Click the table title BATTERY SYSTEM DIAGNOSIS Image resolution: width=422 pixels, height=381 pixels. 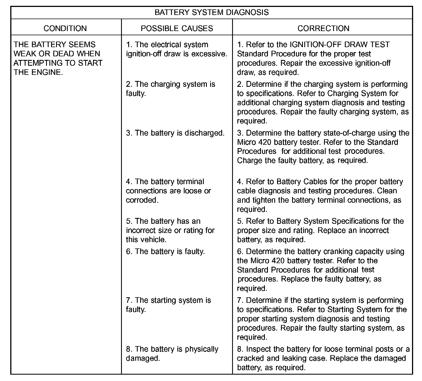(212, 12)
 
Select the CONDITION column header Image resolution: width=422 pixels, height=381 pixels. (65, 28)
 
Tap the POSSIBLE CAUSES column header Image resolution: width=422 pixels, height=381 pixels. (177, 28)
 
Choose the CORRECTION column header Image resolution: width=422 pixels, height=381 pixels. (323, 28)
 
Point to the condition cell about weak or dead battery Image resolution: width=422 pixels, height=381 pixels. (58, 58)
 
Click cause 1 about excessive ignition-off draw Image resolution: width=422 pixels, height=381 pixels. (177, 49)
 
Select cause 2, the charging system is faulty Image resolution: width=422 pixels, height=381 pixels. (170, 88)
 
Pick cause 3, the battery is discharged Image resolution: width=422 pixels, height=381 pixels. (175, 133)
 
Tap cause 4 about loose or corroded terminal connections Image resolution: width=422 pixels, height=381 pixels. (168, 191)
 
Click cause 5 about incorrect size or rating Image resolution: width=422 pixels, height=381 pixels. (170, 230)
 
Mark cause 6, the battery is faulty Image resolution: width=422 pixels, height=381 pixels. (165, 252)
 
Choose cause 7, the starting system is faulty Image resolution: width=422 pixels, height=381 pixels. (168, 305)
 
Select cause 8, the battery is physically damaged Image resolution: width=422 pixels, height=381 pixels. (172, 354)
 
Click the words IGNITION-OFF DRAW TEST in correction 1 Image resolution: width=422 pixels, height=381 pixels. (340, 45)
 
